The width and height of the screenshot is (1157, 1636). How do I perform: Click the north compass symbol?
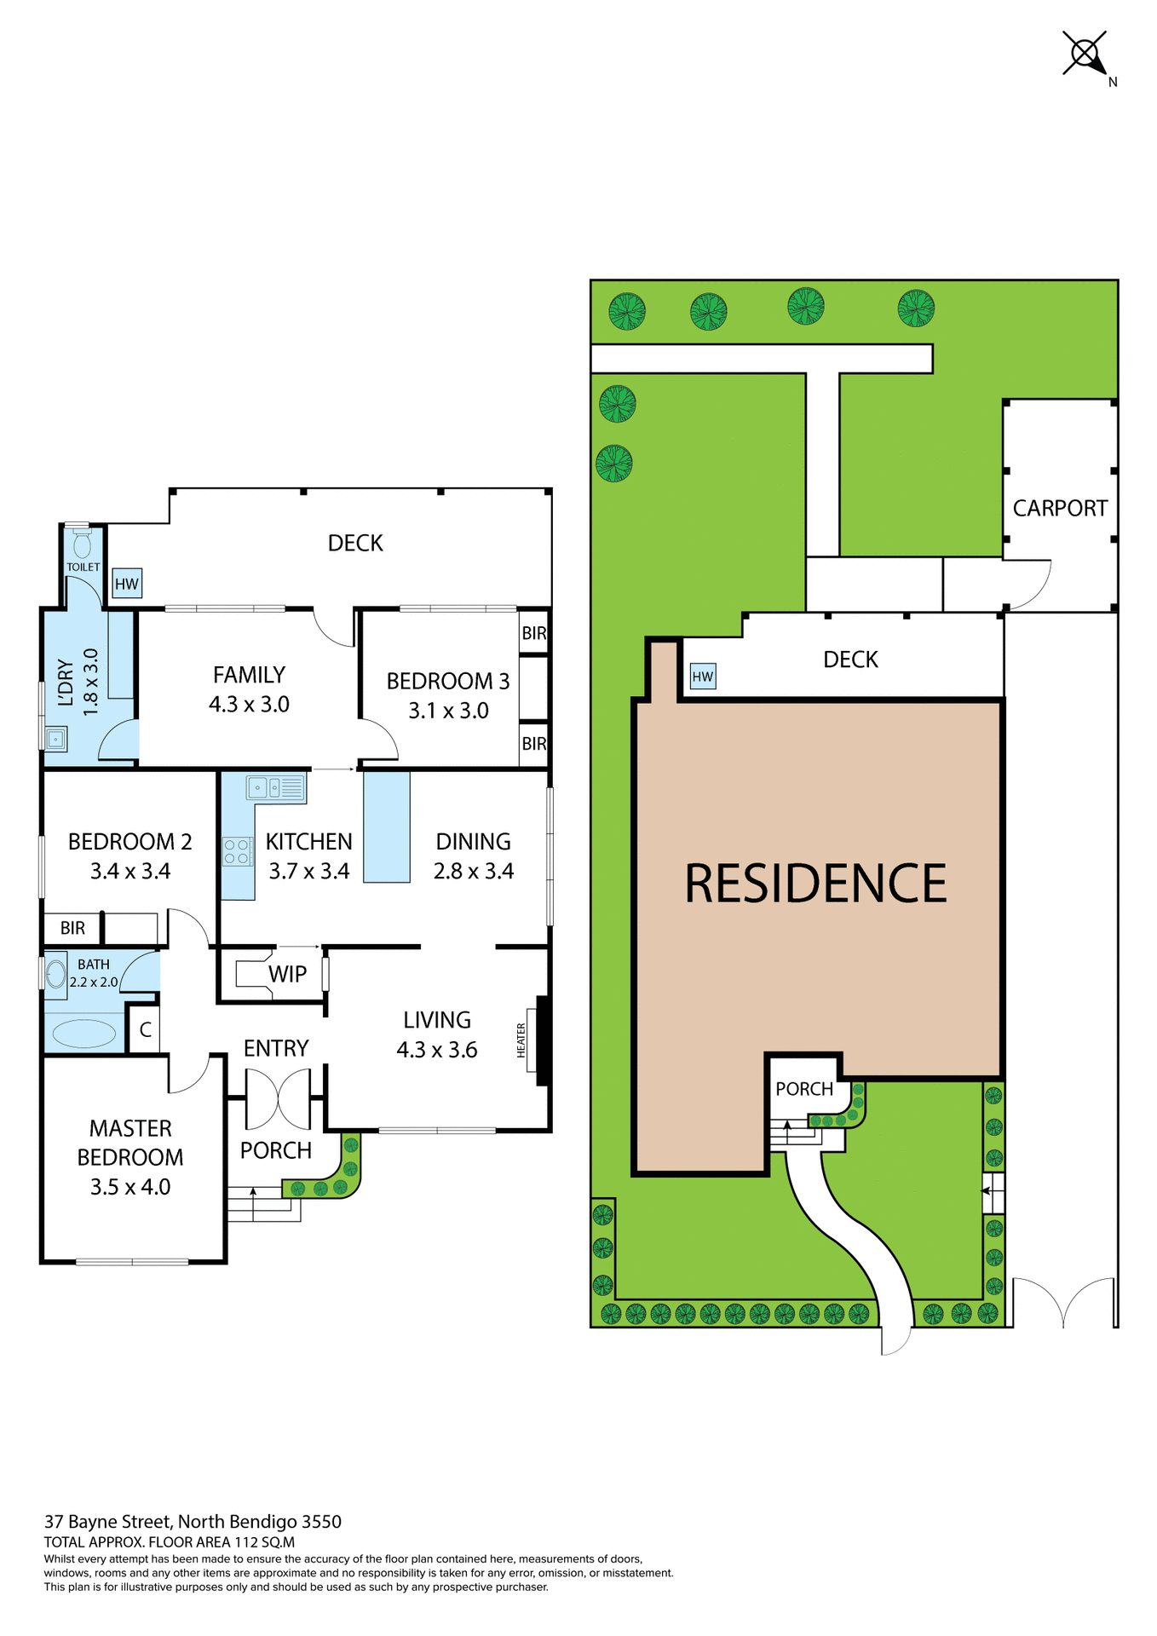pyautogui.click(x=1085, y=54)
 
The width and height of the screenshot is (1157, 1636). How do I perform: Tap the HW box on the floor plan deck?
pyautogui.click(x=127, y=584)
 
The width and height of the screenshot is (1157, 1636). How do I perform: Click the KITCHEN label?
pyautogui.click(x=308, y=842)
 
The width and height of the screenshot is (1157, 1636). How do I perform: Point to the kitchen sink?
pyautogui.click(x=275, y=788)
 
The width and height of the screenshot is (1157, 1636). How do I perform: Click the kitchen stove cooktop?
pyautogui.click(x=237, y=851)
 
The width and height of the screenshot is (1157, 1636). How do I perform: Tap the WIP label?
pyautogui.click(x=287, y=974)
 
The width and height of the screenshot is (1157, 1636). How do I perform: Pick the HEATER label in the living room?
pyautogui.click(x=521, y=1040)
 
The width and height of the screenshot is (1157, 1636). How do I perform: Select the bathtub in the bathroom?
pyautogui.click(x=84, y=1034)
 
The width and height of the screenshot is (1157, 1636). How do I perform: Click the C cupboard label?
pyautogui.click(x=145, y=1030)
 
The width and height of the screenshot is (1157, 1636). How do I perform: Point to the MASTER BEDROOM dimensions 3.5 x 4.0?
pyautogui.click(x=130, y=1187)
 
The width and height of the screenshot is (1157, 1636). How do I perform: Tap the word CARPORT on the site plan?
pyautogui.click(x=1060, y=509)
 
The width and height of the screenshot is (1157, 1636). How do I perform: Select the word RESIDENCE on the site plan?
pyautogui.click(x=815, y=884)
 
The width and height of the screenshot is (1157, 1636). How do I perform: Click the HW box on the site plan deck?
pyautogui.click(x=703, y=677)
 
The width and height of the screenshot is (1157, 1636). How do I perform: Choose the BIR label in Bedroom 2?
pyautogui.click(x=72, y=928)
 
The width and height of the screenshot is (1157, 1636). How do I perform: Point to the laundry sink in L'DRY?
pyautogui.click(x=55, y=739)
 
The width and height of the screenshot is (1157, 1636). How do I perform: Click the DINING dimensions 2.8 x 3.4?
pyautogui.click(x=474, y=871)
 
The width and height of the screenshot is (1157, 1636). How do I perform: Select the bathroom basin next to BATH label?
pyautogui.click(x=56, y=974)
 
